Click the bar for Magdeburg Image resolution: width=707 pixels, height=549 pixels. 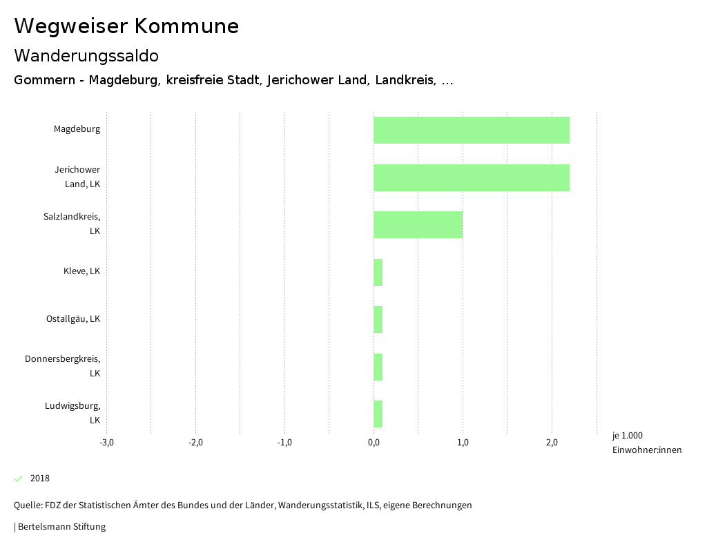coord(472,130)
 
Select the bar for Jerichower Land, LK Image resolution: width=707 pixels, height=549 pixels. coord(472,177)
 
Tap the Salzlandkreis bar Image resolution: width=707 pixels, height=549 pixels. coord(418,224)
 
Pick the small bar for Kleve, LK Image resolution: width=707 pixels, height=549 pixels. coord(378,272)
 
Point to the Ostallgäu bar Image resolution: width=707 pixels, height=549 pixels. coord(378,319)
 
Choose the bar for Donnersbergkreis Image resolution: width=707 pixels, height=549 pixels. coord(378,367)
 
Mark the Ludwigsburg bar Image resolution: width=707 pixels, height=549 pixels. coord(378,414)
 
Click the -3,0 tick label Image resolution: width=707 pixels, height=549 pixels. coord(106,443)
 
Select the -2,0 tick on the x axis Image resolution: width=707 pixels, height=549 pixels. coord(195,443)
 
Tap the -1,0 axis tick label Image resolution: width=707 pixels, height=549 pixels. coord(284,443)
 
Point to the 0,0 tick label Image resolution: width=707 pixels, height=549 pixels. coord(374,443)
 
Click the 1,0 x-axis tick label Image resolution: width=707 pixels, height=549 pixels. coord(463,443)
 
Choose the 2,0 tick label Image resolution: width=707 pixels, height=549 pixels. coord(552,443)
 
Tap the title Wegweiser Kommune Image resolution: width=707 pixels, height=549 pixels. coord(126,26)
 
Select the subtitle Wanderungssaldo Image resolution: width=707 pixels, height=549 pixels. coord(86,55)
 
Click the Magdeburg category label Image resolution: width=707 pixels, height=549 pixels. coord(77,129)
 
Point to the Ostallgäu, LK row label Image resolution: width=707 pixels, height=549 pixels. coord(73,319)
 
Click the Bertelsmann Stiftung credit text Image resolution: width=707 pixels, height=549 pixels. coord(61,527)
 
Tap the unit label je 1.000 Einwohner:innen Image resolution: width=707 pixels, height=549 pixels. coord(646,443)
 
